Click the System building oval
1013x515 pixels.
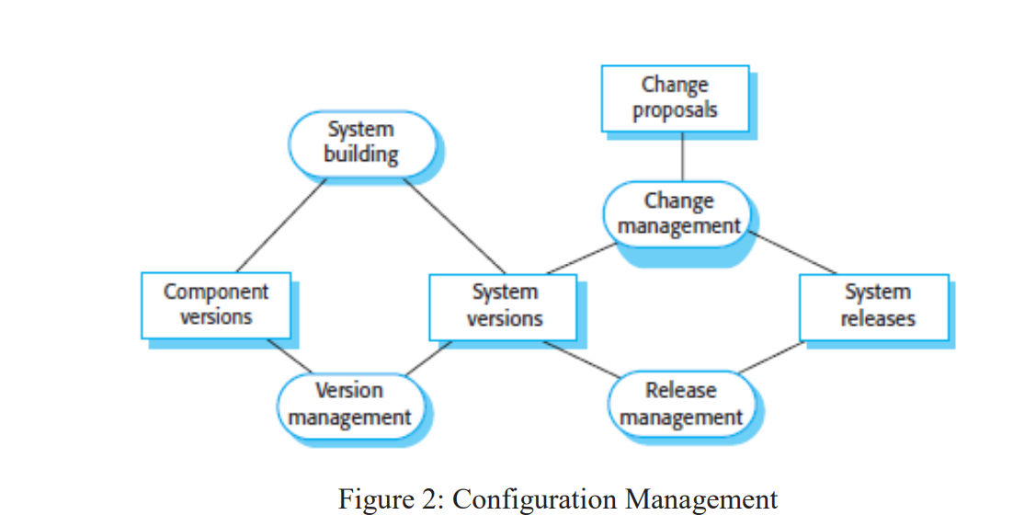[361, 143]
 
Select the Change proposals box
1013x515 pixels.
[675, 97]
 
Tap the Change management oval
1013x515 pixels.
[678, 213]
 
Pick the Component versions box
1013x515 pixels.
[216, 304]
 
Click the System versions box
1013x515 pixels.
[504, 305]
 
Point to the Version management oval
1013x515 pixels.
[349, 404]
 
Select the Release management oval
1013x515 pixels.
[680, 404]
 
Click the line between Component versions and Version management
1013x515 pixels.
[289, 357]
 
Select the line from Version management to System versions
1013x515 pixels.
[428, 357]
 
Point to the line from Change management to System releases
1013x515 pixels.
[794, 254]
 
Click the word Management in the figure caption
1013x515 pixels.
[701, 499]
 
